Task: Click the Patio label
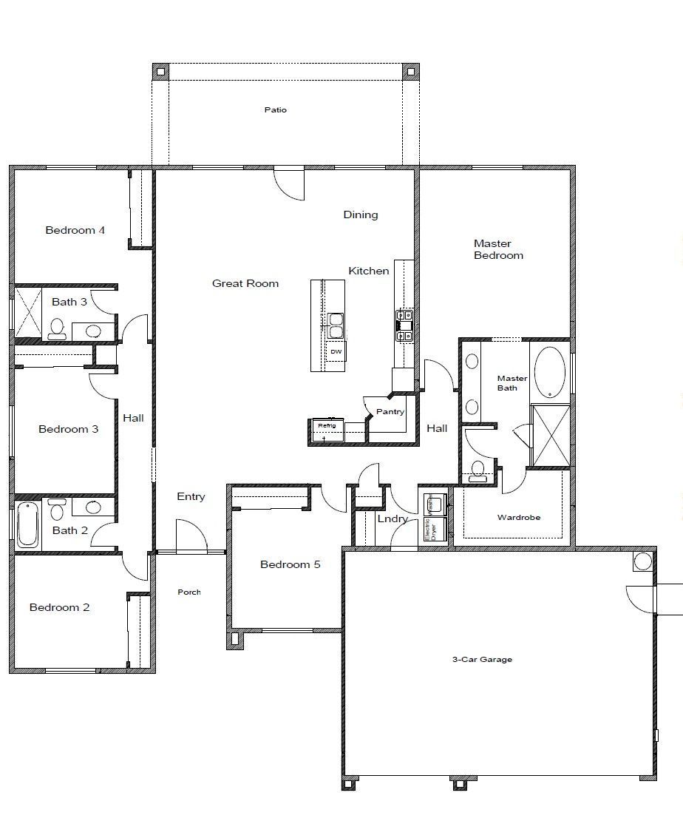(x=275, y=110)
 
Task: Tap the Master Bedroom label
(x=498, y=249)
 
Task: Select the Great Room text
(x=245, y=283)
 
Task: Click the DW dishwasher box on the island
(x=336, y=351)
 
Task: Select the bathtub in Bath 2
(x=27, y=525)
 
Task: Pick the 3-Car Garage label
(x=482, y=659)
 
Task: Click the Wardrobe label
(x=518, y=518)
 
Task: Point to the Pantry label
(x=390, y=412)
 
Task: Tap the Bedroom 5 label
(x=290, y=565)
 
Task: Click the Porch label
(x=189, y=592)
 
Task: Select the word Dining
(x=360, y=215)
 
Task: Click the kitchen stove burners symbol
(x=404, y=325)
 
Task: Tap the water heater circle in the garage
(x=642, y=561)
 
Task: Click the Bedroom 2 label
(x=59, y=608)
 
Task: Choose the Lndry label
(x=392, y=519)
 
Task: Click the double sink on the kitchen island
(x=336, y=320)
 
